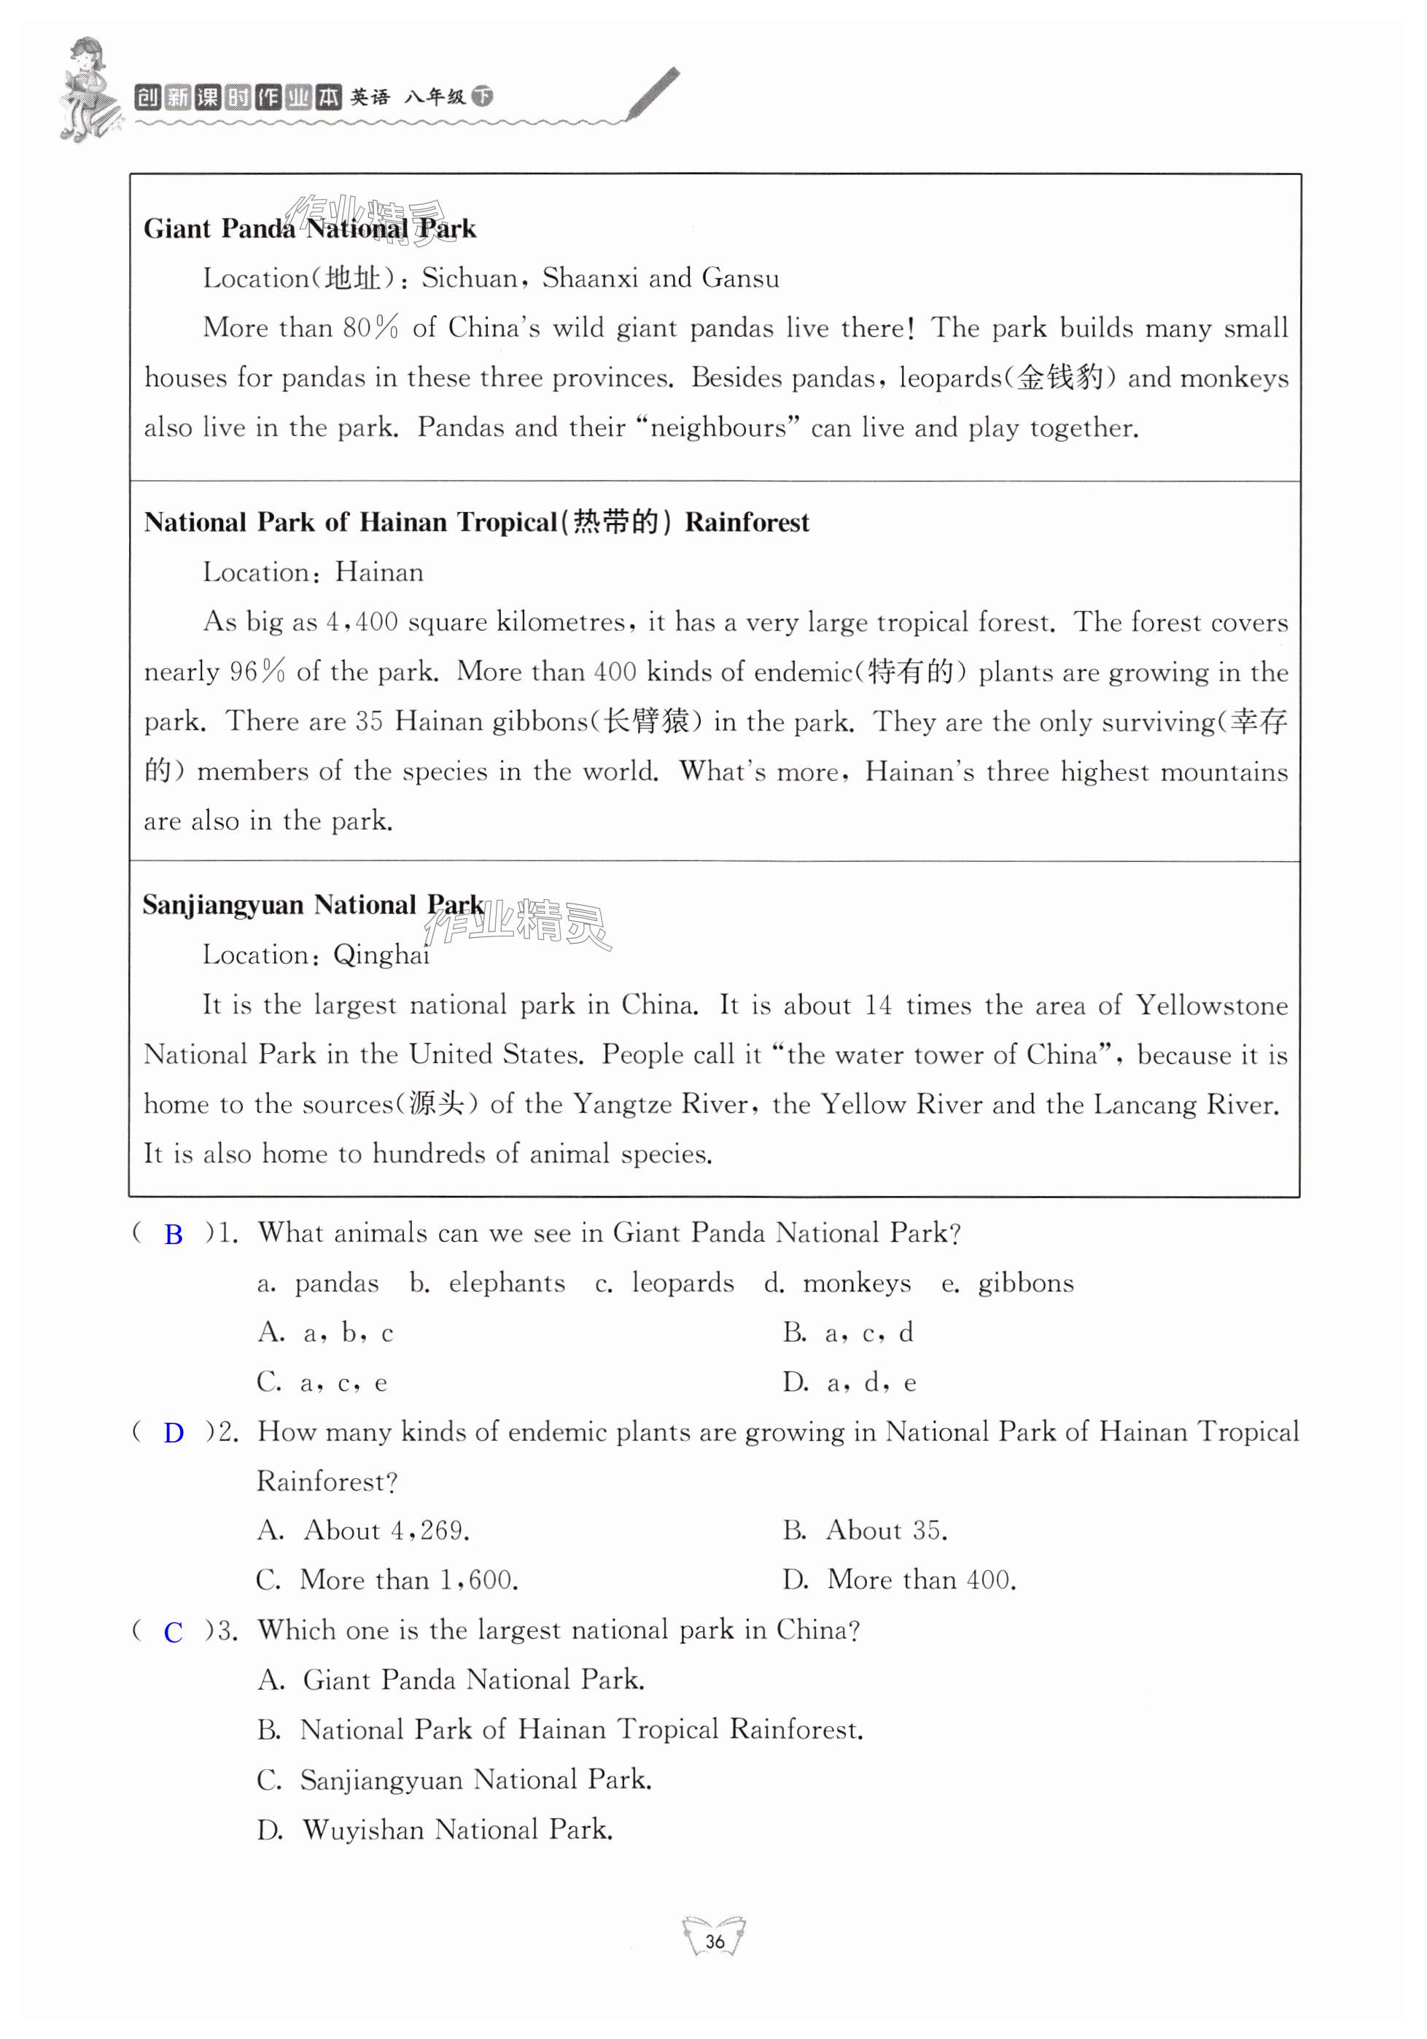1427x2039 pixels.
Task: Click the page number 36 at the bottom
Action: click(714, 1941)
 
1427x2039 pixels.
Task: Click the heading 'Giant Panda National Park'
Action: click(310, 229)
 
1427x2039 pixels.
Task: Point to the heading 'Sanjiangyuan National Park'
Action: click(313, 905)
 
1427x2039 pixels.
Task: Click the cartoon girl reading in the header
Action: click(87, 89)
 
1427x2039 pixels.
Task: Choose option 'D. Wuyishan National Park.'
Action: click(435, 1830)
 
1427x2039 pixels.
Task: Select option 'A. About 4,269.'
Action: click(363, 1530)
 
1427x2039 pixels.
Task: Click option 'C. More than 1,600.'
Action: click(387, 1580)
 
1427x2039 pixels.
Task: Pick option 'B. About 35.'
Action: click(865, 1530)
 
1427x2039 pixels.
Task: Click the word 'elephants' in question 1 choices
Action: click(506, 1283)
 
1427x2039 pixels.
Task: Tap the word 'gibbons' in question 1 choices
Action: click(1026, 1283)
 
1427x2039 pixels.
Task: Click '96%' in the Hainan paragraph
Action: click(257, 672)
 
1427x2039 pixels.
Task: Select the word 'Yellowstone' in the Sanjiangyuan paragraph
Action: click(1211, 1006)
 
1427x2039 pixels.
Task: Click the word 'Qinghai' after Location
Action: click(381, 955)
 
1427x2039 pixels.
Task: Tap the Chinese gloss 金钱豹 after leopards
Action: click(1059, 378)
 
